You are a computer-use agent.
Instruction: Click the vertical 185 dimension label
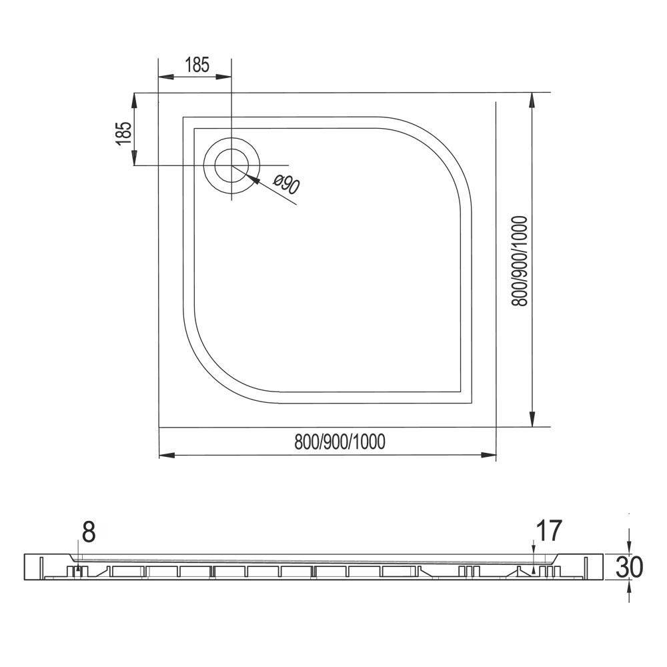(x=123, y=133)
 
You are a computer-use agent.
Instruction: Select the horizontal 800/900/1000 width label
(x=340, y=442)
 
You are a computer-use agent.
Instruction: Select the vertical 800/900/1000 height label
(x=519, y=261)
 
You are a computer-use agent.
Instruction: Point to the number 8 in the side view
(x=88, y=532)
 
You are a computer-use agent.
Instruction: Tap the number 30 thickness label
(x=629, y=567)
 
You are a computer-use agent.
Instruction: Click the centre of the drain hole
(x=231, y=165)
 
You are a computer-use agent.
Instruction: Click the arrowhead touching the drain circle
(x=252, y=179)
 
